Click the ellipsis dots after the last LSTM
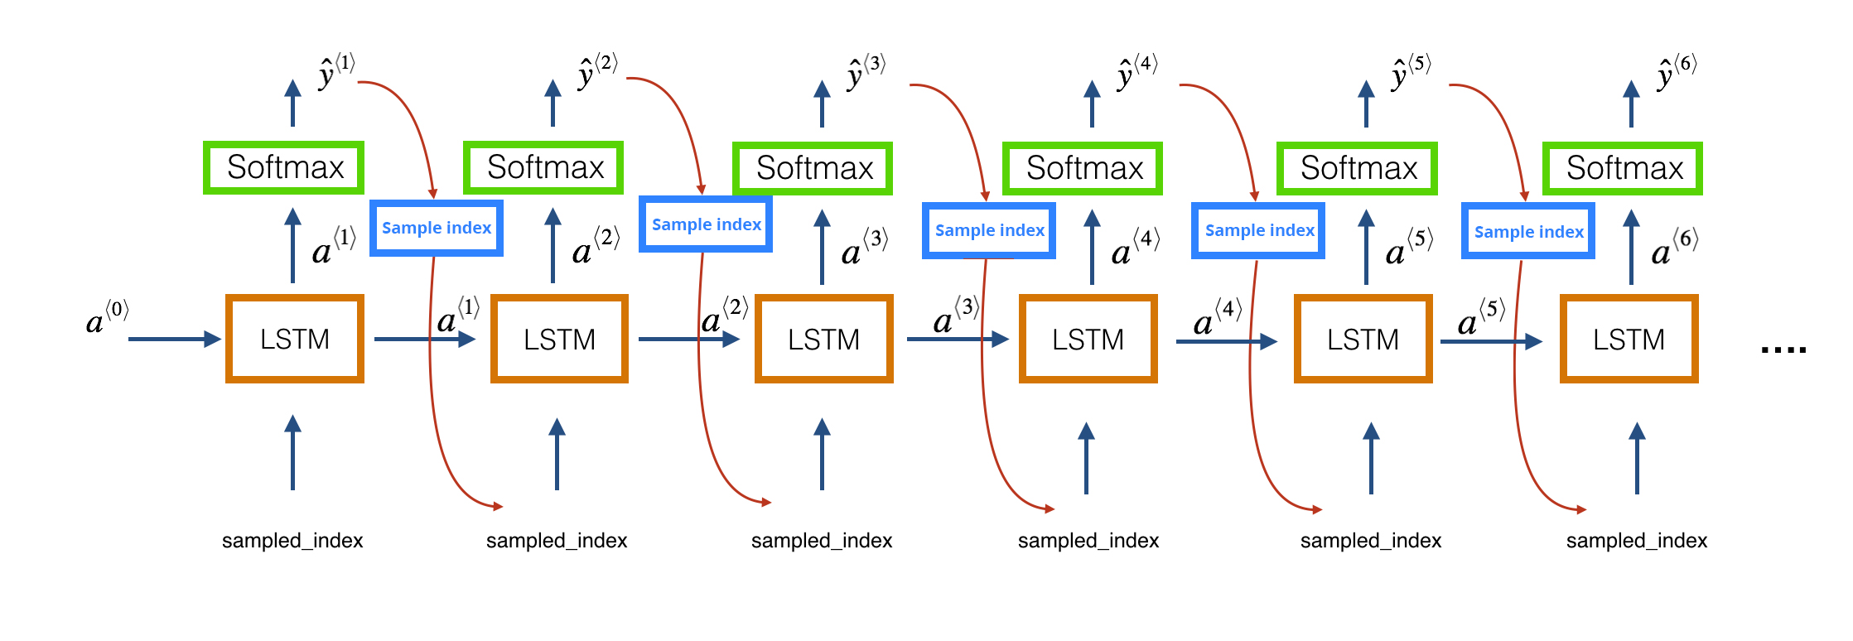coord(1783,350)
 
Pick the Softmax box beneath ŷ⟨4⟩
coord(1083,168)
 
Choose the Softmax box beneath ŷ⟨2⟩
coord(543,167)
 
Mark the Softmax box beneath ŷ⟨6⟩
coord(1623,168)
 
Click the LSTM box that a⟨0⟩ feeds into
coord(295,339)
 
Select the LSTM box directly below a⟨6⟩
coord(1629,339)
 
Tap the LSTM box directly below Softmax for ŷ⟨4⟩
coord(1088,339)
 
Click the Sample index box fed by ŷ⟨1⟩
coord(437,228)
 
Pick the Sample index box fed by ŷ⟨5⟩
coord(1528,231)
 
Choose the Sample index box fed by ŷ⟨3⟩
coord(989,230)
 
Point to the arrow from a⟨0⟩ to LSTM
coord(175,339)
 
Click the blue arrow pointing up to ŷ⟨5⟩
coord(1367,104)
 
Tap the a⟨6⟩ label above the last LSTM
coord(1674,247)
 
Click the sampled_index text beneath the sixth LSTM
coord(1637,541)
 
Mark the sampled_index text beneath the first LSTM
coord(292,541)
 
